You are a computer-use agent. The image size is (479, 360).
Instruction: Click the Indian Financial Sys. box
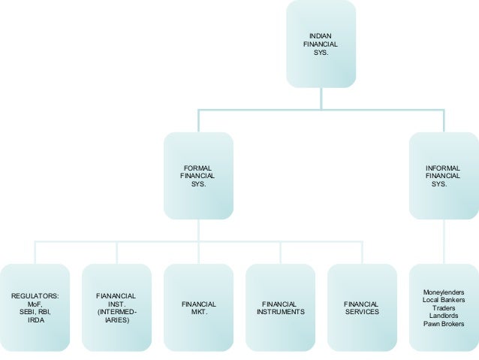(x=321, y=44)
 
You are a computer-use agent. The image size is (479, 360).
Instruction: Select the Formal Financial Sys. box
(x=198, y=176)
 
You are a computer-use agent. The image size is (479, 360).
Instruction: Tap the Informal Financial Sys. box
(x=443, y=176)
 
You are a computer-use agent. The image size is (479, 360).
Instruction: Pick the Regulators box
(x=34, y=307)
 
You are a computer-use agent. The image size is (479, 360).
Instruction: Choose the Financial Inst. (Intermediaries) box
(x=116, y=307)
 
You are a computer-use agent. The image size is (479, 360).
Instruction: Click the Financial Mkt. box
(x=198, y=307)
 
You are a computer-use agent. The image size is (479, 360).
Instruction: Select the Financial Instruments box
(x=280, y=307)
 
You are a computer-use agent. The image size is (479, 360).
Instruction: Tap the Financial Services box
(x=362, y=307)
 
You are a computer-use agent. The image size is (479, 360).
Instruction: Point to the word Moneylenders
(x=444, y=292)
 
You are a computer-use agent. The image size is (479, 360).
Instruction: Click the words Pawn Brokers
(x=444, y=324)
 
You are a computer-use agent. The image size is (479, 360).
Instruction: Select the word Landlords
(x=444, y=316)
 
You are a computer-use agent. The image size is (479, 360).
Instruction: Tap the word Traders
(x=444, y=308)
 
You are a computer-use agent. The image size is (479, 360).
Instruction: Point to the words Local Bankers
(x=444, y=300)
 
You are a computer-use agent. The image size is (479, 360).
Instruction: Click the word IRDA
(x=34, y=320)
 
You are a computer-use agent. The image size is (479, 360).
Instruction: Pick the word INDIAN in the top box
(x=321, y=36)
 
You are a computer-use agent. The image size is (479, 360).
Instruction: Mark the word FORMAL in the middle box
(x=198, y=168)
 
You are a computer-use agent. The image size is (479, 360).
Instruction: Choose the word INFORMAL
(x=443, y=168)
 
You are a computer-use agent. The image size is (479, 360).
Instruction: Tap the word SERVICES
(x=362, y=312)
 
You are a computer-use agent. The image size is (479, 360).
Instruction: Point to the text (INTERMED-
(x=116, y=312)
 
